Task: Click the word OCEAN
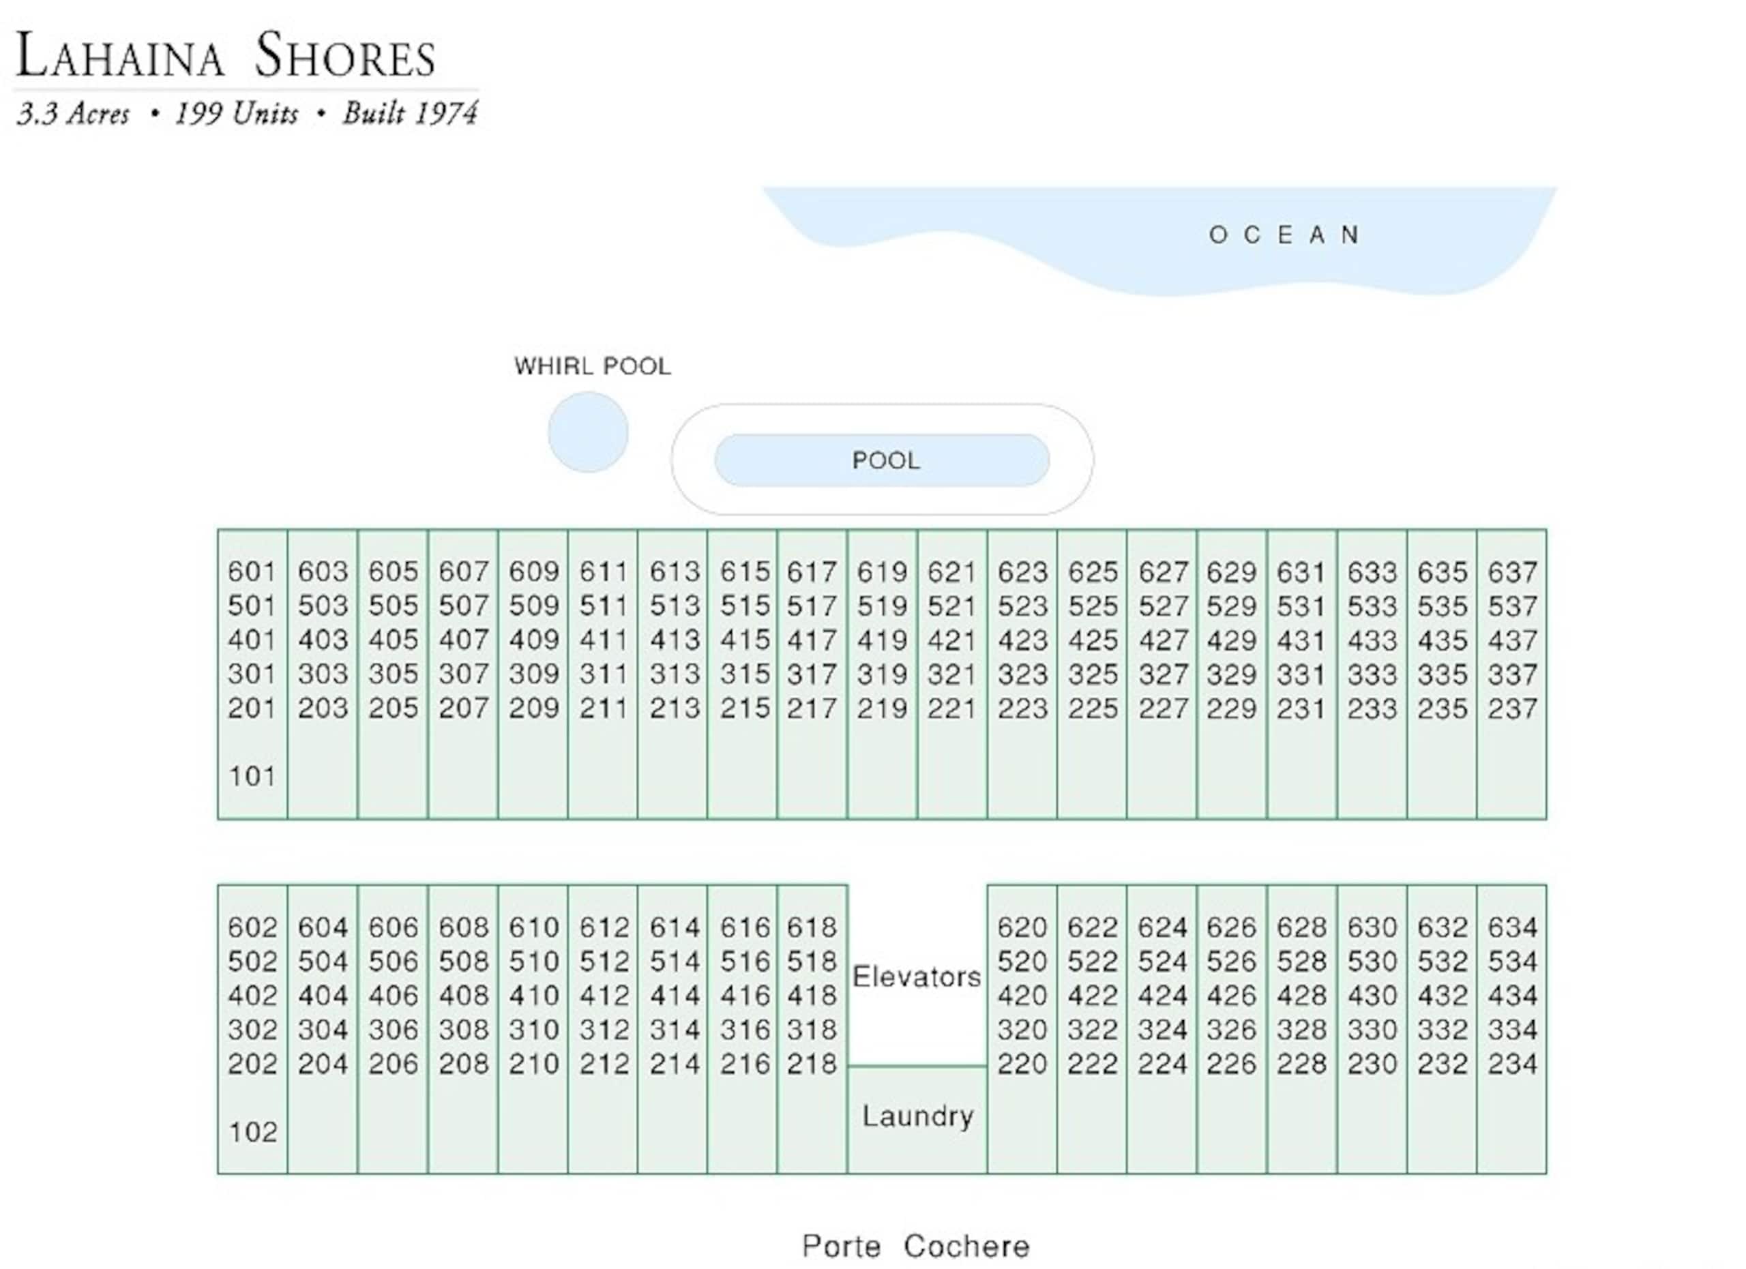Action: (1284, 235)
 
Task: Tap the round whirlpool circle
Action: (588, 432)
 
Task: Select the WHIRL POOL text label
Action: (593, 365)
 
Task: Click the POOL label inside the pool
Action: (885, 460)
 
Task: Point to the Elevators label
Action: (917, 976)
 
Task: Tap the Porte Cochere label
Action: (915, 1246)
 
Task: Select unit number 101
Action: (252, 776)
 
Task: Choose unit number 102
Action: (252, 1131)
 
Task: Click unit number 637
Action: (1512, 572)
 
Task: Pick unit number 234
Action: (1512, 1064)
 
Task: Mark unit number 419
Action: (883, 640)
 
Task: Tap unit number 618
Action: (812, 927)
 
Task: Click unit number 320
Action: (1022, 1029)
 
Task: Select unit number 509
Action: (533, 606)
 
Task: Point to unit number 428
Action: (1302, 995)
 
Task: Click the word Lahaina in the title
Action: (120, 55)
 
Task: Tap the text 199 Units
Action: (235, 114)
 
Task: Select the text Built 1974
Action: (409, 114)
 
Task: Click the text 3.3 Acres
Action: (73, 114)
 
